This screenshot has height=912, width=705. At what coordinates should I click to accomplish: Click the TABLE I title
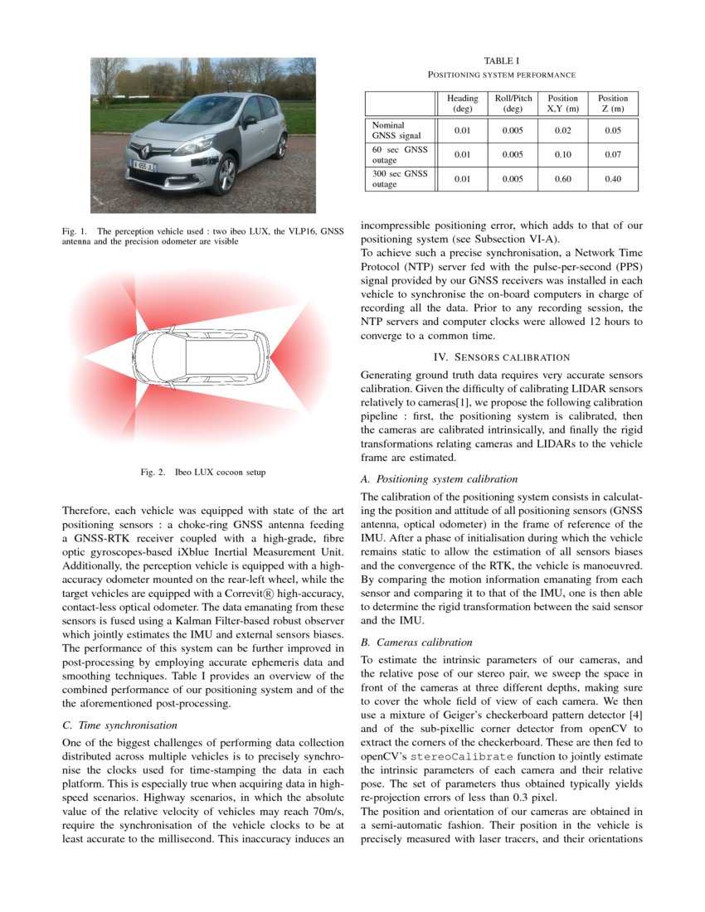click(502, 61)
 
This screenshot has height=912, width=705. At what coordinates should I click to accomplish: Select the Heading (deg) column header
click(462, 103)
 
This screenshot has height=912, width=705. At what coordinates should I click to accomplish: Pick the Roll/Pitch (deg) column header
click(513, 103)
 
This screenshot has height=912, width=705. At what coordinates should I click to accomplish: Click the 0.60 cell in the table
click(562, 179)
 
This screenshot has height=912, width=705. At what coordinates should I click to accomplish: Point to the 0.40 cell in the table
click(613, 179)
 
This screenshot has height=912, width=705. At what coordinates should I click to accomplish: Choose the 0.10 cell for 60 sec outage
click(562, 154)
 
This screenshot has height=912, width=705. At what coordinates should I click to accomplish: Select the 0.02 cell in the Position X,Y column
click(562, 130)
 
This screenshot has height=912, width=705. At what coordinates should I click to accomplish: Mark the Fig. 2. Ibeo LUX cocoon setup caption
click(203, 473)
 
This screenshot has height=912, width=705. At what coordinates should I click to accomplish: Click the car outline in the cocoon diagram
click(199, 357)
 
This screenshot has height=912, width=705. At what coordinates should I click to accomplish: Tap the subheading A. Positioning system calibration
click(439, 479)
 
